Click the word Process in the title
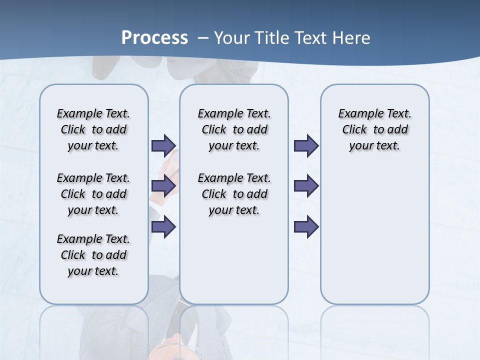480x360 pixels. click(x=154, y=38)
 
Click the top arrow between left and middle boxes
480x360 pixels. click(x=163, y=145)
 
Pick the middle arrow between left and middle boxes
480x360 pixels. click(x=163, y=186)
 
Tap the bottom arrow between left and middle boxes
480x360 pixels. click(x=163, y=227)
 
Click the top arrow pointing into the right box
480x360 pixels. click(x=306, y=145)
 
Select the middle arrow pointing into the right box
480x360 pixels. click(x=306, y=186)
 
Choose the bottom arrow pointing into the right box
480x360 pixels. click(x=306, y=227)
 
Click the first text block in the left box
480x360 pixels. click(x=93, y=129)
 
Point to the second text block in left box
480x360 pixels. click(x=93, y=194)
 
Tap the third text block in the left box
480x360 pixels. click(x=93, y=255)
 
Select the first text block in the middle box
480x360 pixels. click(x=234, y=129)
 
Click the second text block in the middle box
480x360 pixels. click(x=234, y=194)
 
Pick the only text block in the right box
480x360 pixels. click(x=374, y=129)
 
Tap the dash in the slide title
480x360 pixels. click(x=203, y=38)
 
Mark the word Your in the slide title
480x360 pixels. click(x=230, y=38)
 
